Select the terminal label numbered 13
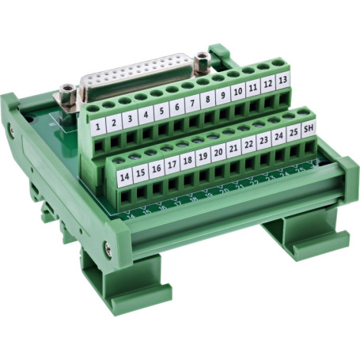282,81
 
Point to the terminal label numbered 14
124,176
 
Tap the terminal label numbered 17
171,164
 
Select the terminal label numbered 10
237,93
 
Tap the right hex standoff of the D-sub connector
203,59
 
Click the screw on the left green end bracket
11,129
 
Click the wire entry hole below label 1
100,142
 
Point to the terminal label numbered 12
267,85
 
